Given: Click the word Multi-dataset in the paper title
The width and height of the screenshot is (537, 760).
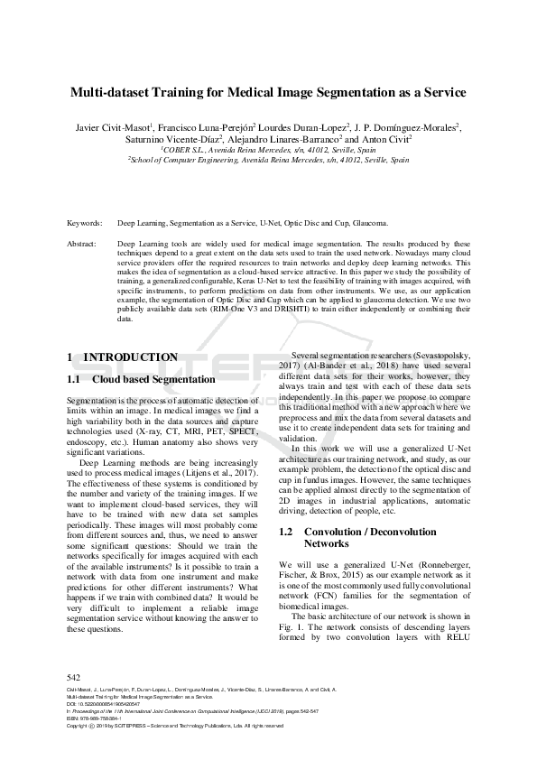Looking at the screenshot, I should [114, 92].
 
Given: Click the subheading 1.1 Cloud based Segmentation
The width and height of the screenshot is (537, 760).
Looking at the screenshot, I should [141, 380].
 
